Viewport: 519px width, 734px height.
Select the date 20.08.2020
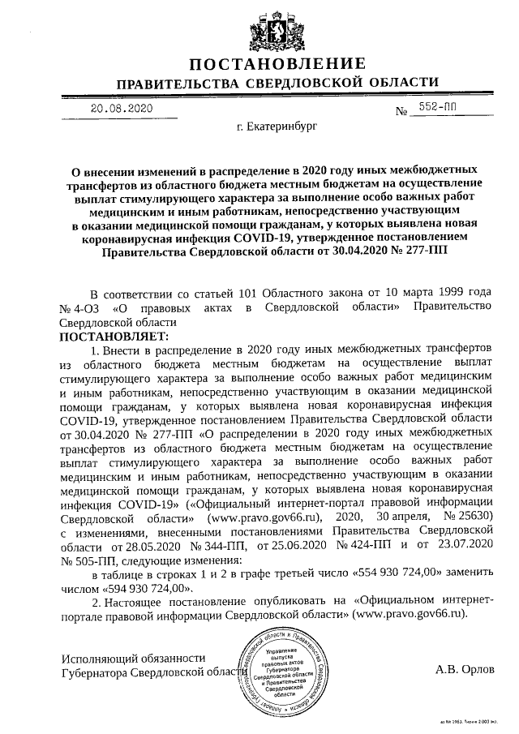122,107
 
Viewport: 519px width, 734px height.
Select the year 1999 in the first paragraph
433,292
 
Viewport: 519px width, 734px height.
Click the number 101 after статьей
242,292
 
